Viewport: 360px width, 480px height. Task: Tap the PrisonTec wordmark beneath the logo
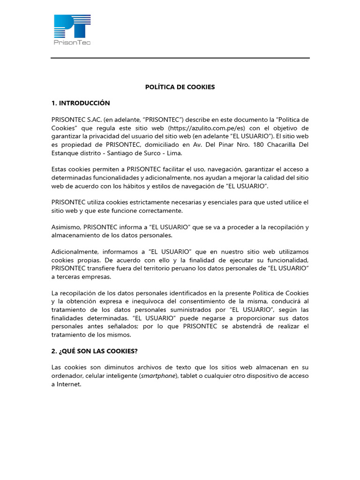[x=72, y=42]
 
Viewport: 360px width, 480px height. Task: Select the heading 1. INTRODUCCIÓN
[x=81, y=103]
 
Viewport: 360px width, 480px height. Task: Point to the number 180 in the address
[x=258, y=145]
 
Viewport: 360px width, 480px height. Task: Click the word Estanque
[x=65, y=153]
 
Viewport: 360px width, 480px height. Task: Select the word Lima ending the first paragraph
[x=176, y=153]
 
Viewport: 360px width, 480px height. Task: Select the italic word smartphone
[x=159, y=376]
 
